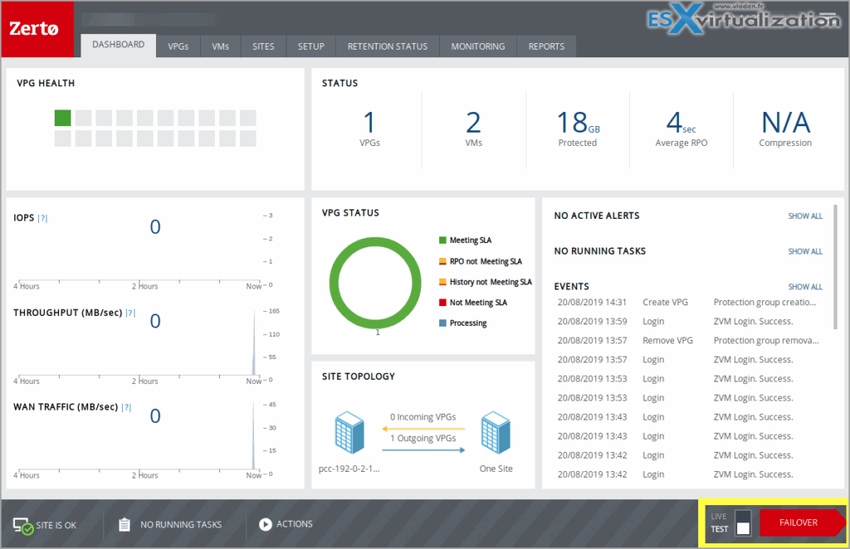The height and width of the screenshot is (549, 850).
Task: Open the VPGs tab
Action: (178, 46)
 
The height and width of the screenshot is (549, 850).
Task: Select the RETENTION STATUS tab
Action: (388, 46)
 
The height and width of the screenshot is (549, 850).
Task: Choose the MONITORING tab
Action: (478, 46)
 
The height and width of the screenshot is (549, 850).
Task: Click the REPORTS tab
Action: (546, 46)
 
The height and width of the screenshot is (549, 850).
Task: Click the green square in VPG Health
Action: (62, 118)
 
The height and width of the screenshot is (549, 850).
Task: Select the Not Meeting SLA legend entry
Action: (477, 303)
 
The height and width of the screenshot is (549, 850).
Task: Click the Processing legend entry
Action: (467, 323)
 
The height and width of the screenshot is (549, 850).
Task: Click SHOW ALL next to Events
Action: (805, 287)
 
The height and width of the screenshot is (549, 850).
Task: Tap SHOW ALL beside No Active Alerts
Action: (805, 216)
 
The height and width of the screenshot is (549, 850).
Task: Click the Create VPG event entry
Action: (666, 303)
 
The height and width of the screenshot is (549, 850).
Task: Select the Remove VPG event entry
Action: (667, 341)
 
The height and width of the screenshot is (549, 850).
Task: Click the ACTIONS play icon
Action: (266, 524)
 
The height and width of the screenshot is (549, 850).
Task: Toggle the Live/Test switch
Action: (743, 522)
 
